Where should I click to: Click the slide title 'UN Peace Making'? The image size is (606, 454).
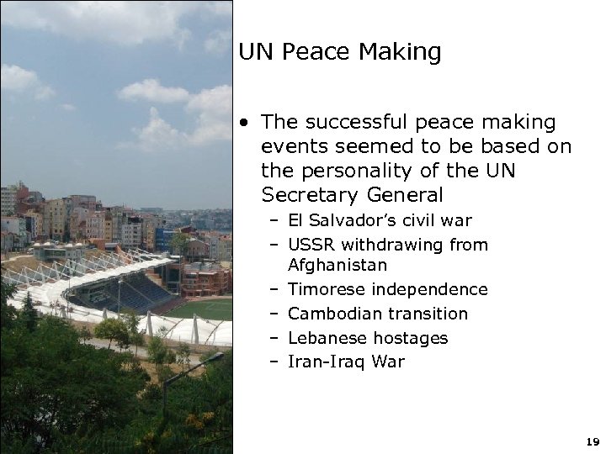(339, 53)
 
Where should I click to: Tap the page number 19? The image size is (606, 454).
(591, 441)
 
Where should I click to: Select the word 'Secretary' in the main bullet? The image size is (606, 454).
(305, 195)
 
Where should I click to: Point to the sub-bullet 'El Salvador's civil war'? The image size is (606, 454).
(380, 221)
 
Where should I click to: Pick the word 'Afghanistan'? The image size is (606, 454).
(338, 265)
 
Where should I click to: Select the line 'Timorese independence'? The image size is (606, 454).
(387, 289)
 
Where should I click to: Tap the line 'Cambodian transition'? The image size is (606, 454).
(377, 314)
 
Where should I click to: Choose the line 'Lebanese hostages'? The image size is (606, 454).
(368, 338)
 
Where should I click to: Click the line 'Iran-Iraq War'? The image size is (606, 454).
(346, 362)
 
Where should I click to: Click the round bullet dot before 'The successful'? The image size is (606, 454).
(243, 123)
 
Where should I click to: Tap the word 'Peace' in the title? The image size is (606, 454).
(319, 53)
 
